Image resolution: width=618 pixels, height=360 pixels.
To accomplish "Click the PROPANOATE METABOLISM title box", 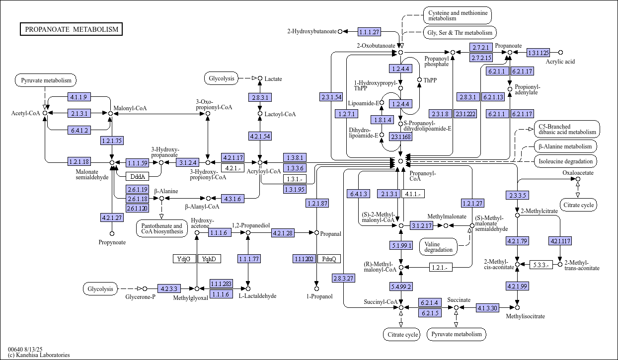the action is coord(71,29).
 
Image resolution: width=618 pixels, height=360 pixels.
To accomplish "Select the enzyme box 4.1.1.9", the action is coord(79,97).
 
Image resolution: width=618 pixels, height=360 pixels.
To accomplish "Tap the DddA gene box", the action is coord(138,176).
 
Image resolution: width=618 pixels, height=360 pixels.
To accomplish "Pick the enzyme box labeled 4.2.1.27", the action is coord(112,217).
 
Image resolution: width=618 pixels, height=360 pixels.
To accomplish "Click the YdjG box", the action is coord(184,259).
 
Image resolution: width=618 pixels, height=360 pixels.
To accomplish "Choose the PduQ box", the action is coord(329,259).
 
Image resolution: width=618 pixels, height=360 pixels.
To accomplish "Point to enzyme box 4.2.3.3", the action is coord(169,288).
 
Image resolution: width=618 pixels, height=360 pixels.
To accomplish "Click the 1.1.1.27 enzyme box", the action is coord(370,32).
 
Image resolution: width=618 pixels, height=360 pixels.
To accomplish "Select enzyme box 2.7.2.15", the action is coord(481,58).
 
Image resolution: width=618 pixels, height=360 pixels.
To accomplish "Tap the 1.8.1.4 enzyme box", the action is coord(382,120).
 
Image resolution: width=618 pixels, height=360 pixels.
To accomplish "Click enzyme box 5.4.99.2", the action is coord(401,287).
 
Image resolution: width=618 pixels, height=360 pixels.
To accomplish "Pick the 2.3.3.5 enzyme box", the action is coord(517,195).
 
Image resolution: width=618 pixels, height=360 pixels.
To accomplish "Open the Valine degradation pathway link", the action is coord(438,247).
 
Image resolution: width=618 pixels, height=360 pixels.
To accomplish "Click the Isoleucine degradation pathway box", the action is coord(565,161).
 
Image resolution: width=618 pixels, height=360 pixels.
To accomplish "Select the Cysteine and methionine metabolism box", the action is coord(458,15).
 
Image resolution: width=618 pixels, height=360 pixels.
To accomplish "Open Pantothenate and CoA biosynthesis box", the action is coord(162,228).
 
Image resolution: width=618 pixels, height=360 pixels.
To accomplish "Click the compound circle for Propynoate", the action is coord(112,234).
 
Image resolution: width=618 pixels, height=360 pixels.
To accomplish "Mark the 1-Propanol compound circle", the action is coord(317,288).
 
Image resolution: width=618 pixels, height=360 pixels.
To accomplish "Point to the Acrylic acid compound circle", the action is coord(560,53).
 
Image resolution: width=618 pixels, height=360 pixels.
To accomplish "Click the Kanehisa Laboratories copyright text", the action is coord(39,355).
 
